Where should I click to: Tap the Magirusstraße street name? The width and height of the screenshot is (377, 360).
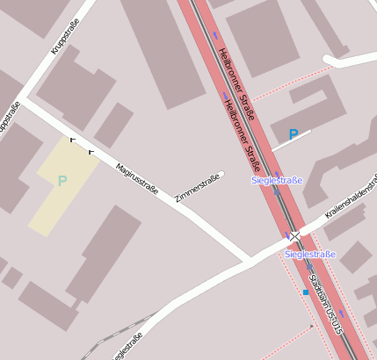coord(136,176)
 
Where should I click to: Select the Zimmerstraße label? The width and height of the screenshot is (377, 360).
coord(198,189)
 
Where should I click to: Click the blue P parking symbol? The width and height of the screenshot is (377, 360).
coord(294,135)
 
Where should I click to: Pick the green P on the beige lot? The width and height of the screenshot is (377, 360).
coord(62,182)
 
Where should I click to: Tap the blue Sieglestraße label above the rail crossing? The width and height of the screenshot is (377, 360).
coord(277,181)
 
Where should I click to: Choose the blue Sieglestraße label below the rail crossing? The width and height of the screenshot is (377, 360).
coord(310,255)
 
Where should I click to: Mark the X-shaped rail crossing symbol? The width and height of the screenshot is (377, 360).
coord(296,236)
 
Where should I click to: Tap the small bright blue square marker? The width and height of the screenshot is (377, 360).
coord(306,292)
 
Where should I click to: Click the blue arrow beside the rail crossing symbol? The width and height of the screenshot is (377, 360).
coord(286,236)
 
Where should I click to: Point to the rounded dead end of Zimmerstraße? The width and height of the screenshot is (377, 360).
coord(221,175)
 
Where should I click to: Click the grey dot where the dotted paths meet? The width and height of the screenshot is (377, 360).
coord(312,327)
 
